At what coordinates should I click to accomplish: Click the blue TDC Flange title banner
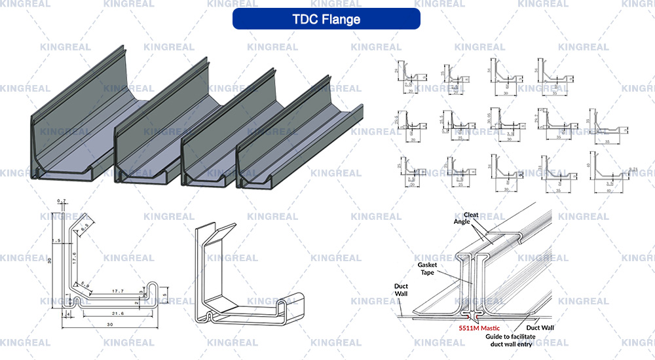click(326, 19)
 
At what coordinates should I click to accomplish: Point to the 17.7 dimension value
click(119, 291)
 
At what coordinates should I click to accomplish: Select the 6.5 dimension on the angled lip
click(84, 226)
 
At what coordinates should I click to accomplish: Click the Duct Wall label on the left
click(402, 290)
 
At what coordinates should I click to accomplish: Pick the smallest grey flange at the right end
click(298, 141)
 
